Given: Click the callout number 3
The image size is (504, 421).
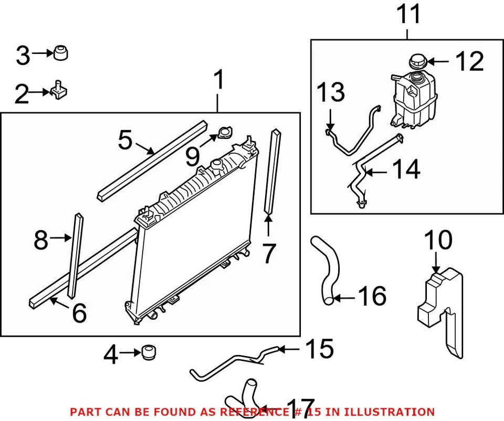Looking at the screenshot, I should pos(23,56).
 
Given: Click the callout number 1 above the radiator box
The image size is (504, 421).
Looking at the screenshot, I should pos(218,82).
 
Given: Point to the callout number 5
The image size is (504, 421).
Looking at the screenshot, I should pos(125,140).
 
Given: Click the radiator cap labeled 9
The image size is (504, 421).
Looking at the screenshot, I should pos(225,133).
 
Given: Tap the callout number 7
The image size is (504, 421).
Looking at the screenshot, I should pos(268,254).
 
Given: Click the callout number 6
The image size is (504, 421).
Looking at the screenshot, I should pos(79,313).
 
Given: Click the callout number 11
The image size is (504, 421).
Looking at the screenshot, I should pos(408,14).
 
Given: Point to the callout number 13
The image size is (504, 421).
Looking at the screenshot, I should pos(331,93).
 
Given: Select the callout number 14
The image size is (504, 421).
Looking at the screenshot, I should pos(406,170).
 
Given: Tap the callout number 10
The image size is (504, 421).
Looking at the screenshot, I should pos(438,241).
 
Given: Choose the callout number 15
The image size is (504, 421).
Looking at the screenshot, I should pos(319,349).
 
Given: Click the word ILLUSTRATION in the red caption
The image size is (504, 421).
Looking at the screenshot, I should pos(395,412).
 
